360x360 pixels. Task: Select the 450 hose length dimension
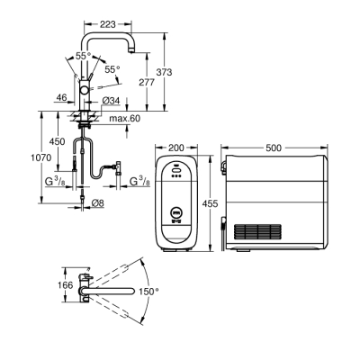tap(57, 141)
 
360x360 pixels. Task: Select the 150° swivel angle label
tap(148, 292)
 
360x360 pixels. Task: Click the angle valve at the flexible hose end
tap(115, 166)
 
